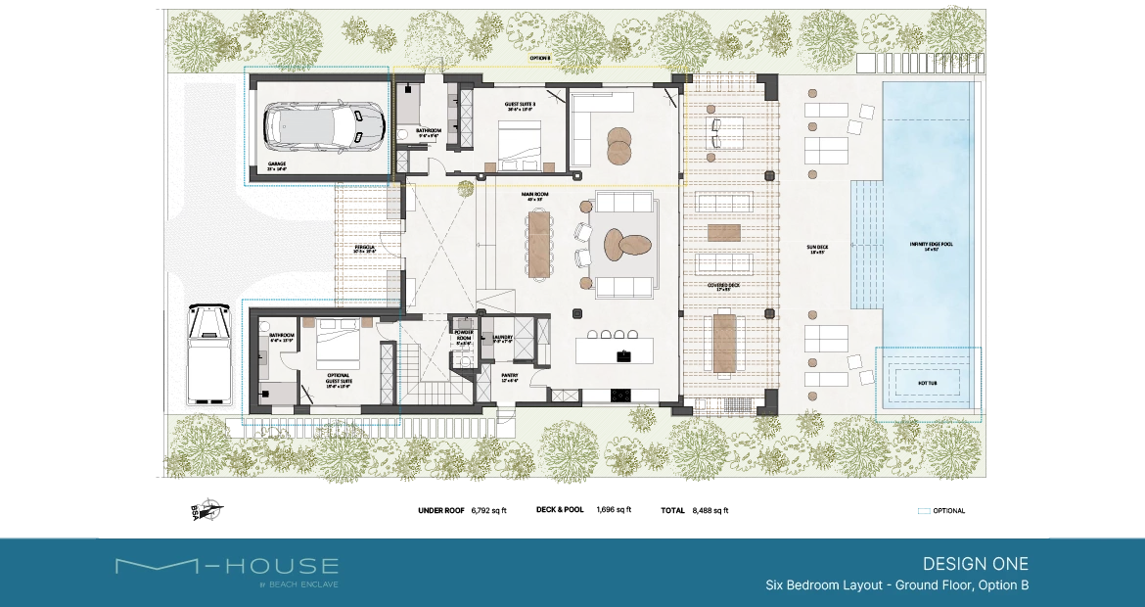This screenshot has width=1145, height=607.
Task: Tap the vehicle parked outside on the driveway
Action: (x=209, y=353)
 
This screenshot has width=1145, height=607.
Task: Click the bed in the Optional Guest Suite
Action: (x=337, y=344)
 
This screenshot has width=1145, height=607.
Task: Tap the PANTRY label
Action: (x=510, y=376)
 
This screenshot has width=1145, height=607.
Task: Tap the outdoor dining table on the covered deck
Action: (x=724, y=343)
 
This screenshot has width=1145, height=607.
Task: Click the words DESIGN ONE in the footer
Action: (x=975, y=564)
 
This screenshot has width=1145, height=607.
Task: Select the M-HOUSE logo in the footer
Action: (x=227, y=568)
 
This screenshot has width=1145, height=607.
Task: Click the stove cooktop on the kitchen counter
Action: (x=620, y=396)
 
